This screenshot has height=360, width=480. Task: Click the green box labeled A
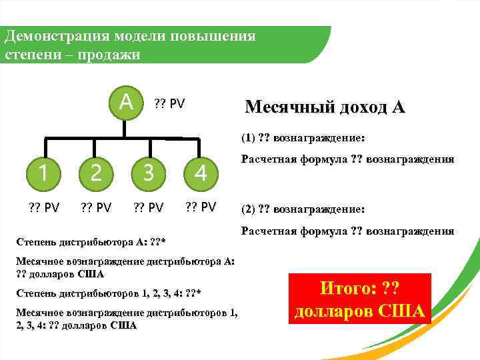123,104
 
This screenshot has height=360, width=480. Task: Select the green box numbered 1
43,173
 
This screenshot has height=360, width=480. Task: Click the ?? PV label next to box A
169,104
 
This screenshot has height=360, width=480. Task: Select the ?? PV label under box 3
147,207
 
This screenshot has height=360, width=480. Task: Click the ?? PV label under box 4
200,206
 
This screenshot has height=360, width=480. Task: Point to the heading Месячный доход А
325,107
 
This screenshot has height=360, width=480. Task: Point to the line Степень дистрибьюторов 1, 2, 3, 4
110,293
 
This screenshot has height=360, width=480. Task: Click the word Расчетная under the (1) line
267,160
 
